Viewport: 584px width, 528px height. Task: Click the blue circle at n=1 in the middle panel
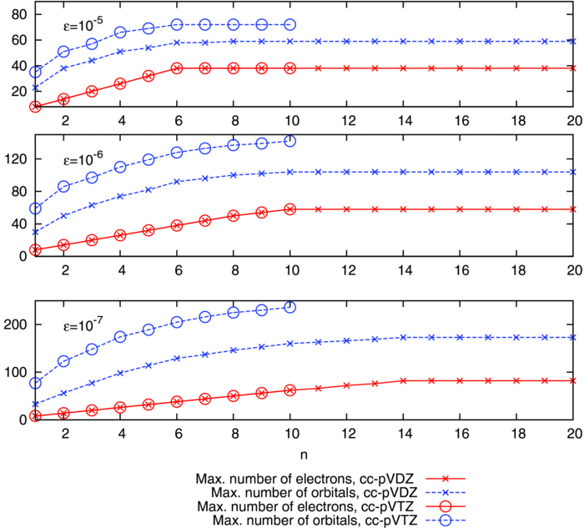36,209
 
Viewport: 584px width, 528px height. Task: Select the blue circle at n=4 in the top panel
120,33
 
